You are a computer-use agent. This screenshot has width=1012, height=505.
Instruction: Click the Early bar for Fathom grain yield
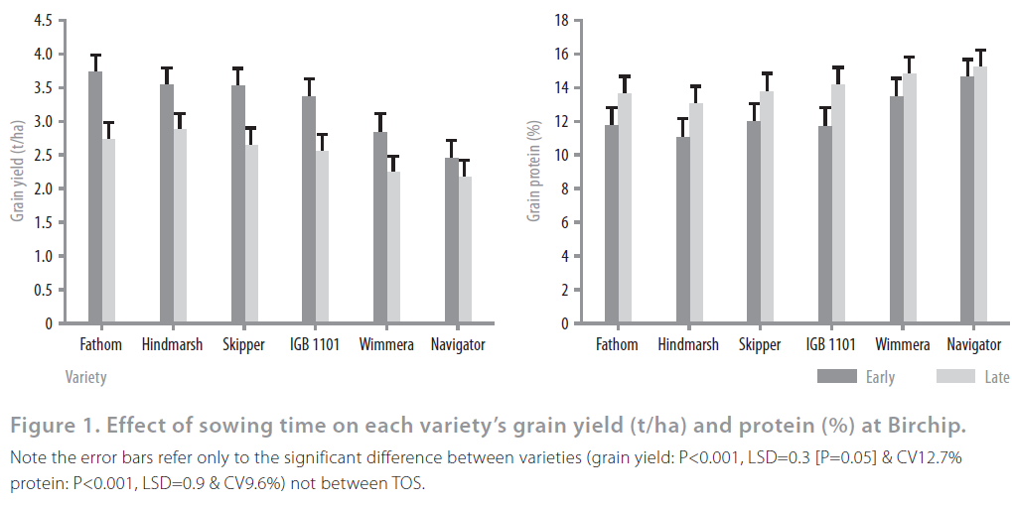(95, 198)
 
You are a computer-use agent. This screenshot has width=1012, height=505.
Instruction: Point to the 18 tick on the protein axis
(561, 21)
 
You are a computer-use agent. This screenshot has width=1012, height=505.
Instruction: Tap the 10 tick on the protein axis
(561, 156)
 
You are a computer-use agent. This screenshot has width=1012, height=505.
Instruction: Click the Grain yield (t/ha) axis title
(17, 171)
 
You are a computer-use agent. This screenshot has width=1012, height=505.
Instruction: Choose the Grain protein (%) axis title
(533, 171)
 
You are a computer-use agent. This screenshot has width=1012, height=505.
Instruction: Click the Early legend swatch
(836, 377)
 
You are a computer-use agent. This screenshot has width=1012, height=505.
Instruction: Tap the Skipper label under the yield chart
(244, 345)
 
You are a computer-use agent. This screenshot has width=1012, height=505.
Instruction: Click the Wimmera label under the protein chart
(903, 345)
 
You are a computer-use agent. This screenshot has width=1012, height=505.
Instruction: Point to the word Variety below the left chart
(85, 377)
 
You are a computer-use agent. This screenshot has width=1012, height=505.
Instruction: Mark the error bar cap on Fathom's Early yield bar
(95, 56)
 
